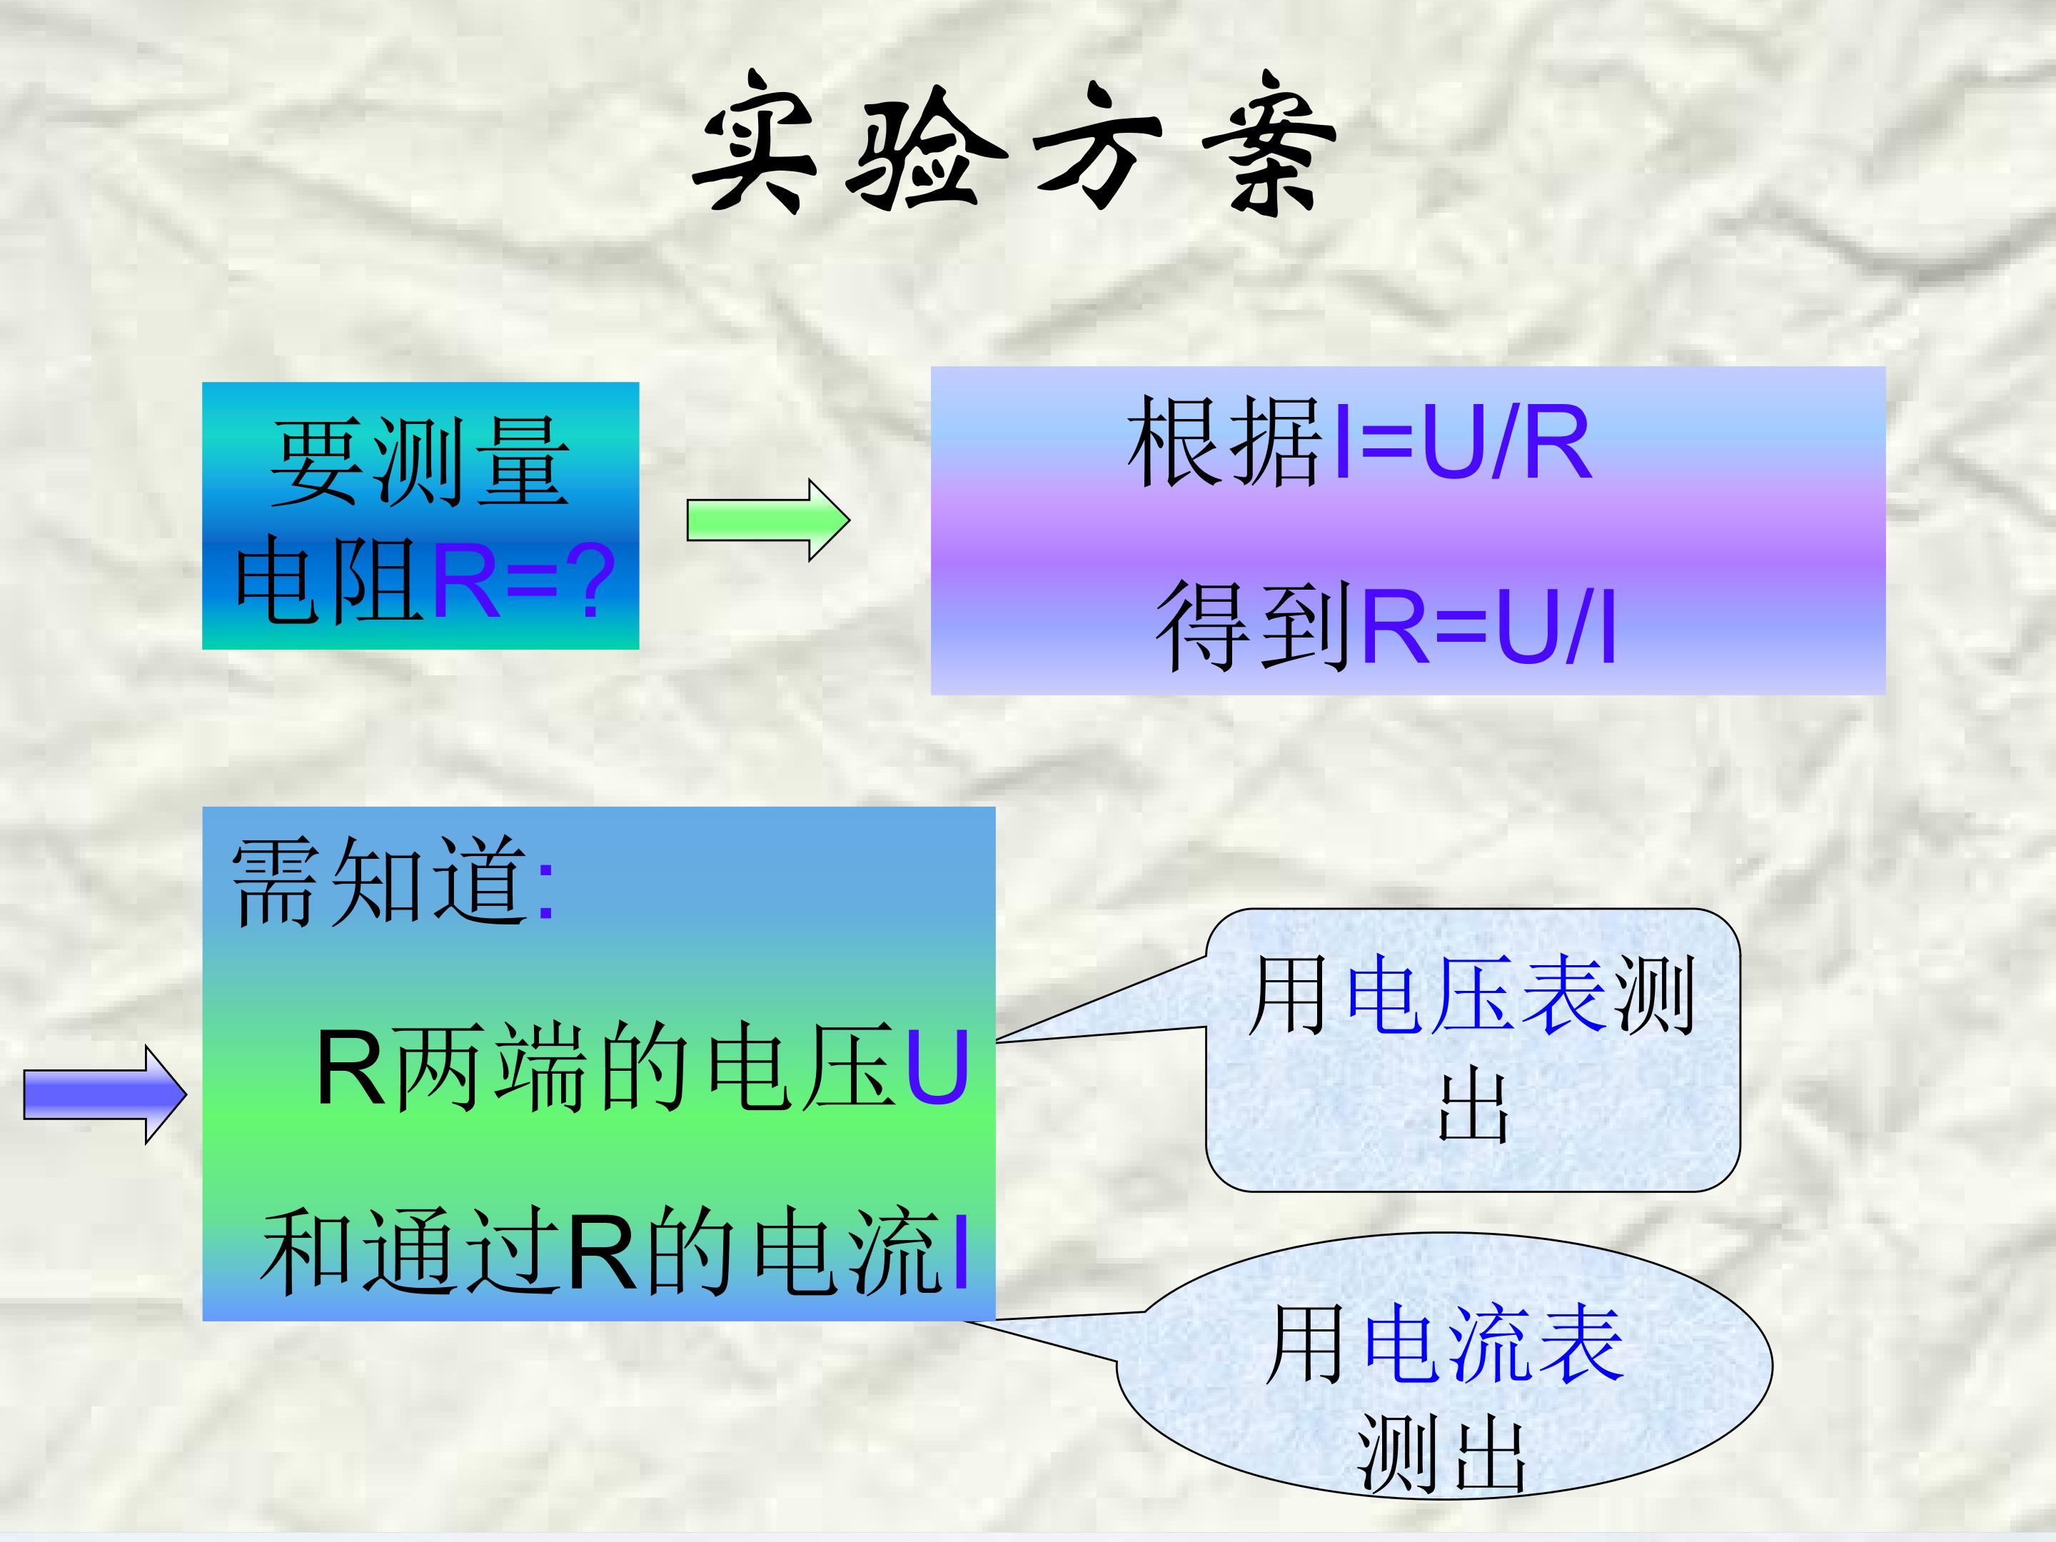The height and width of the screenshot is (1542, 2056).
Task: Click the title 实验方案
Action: [x=1013, y=144]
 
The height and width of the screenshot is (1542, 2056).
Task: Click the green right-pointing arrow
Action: [x=767, y=520]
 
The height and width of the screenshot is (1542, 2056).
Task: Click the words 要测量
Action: [x=419, y=462]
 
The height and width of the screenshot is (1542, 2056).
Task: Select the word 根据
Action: [x=1225, y=441]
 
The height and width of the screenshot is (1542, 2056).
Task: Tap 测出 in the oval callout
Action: [x=1441, y=1455]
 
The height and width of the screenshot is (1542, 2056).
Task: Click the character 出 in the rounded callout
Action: [x=1473, y=1108]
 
